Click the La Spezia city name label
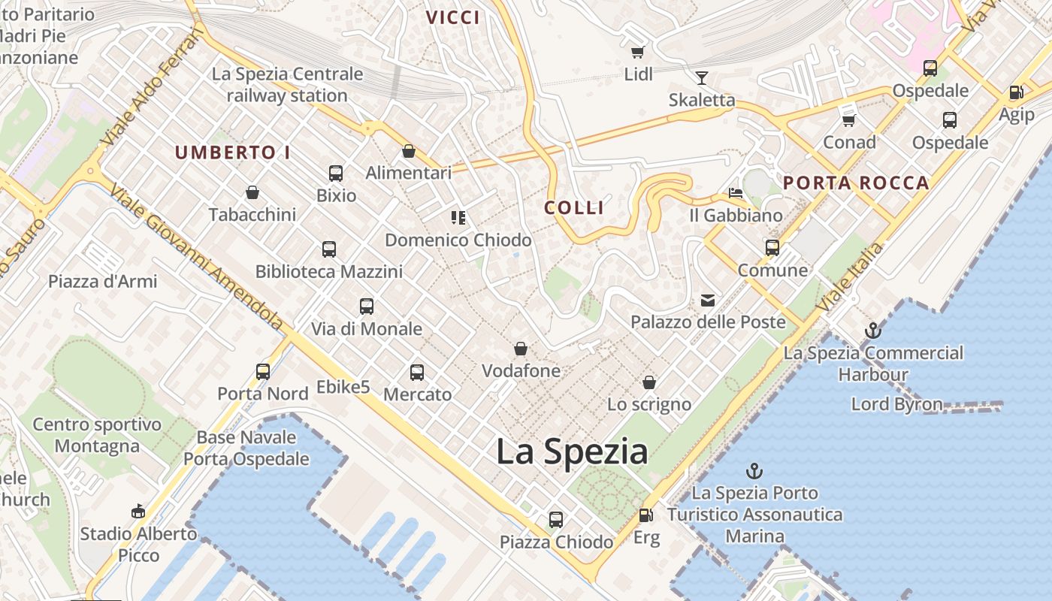572,452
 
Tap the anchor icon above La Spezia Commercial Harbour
872,330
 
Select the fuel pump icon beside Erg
645,515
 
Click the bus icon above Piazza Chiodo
556,519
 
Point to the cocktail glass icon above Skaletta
702,77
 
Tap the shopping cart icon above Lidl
638,52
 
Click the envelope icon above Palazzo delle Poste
708,300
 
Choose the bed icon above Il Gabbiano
736,193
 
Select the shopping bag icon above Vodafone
520,349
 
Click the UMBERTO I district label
232,153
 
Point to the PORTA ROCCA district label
856,183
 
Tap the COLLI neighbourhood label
574,208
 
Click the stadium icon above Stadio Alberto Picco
138,512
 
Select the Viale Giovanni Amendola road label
197,255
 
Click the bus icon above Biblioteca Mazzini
329,249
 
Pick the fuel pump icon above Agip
1016,92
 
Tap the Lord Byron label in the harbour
896,404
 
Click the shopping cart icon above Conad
849,120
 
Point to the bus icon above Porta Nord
263,371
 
